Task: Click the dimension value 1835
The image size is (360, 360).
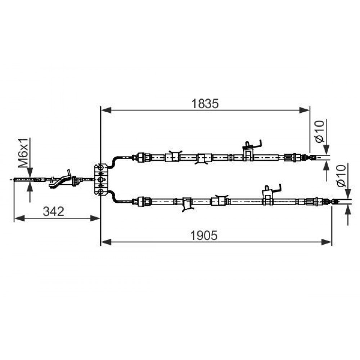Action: click(x=205, y=104)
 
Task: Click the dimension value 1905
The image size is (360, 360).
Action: click(x=204, y=235)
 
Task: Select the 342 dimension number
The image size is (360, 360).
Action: click(x=54, y=211)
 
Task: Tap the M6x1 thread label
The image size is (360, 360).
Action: click(x=24, y=153)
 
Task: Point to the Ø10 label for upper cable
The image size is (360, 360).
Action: click(x=320, y=131)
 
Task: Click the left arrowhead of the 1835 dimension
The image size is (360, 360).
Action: click(x=106, y=110)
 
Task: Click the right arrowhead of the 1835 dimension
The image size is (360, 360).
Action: click(x=305, y=110)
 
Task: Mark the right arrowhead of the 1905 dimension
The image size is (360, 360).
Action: click(x=327, y=242)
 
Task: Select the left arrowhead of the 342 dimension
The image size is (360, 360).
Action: click(x=19, y=219)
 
